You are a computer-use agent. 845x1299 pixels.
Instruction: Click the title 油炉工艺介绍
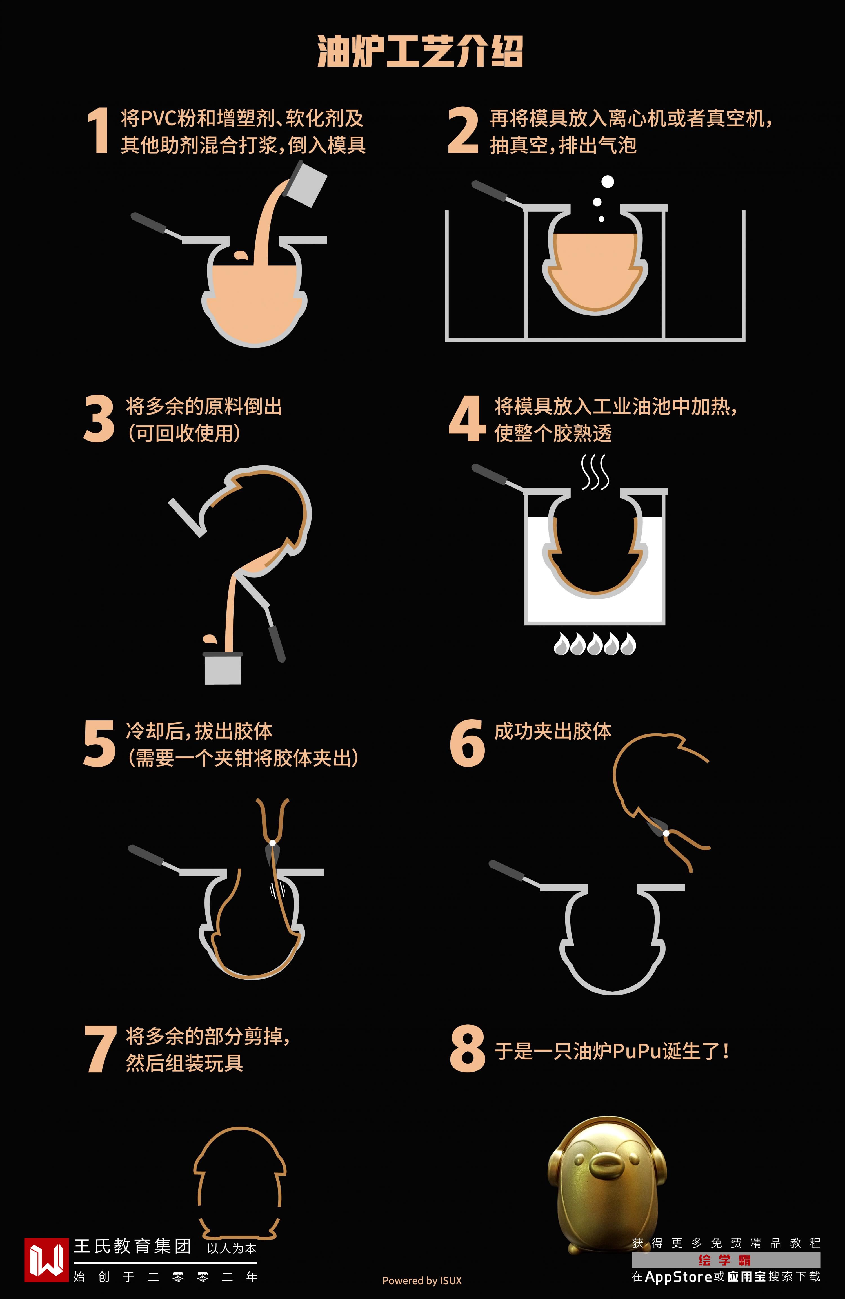pos(420,52)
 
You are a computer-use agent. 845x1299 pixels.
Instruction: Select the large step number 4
pos(467,419)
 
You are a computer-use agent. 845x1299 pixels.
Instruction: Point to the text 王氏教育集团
pos(133,1246)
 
